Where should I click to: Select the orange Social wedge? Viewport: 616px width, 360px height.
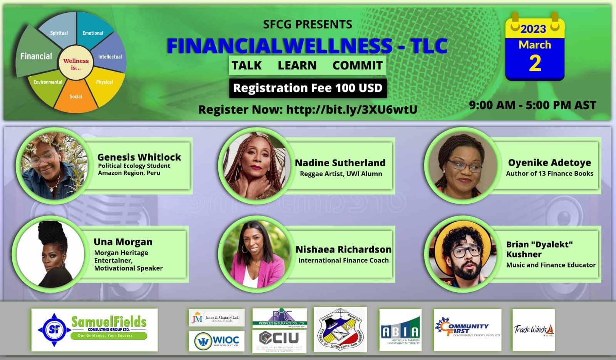[x=76, y=97]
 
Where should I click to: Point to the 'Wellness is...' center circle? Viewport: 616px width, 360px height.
[x=76, y=64]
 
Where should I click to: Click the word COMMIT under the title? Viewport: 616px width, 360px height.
[x=357, y=65]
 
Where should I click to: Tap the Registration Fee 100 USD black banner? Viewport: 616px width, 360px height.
[x=308, y=88]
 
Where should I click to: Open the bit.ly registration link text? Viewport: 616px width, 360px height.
[x=352, y=110]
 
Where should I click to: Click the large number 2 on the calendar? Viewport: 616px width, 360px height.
[x=535, y=63]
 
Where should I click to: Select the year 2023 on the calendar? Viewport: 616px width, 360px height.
[x=533, y=29]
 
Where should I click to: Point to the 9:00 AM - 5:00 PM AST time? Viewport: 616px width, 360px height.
[x=532, y=105]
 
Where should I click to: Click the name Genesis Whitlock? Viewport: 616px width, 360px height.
[x=139, y=157]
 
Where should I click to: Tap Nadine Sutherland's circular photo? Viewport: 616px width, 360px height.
[x=255, y=166]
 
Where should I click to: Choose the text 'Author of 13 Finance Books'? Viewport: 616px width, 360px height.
[x=549, y=174]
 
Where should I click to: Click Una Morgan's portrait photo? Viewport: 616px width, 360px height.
[x=49, y=253]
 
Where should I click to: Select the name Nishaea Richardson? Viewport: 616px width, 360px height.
[x=343, y=249]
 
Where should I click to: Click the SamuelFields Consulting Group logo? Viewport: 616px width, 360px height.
[x=94, y=330]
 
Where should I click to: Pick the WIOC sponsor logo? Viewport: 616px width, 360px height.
[x=216, y=341]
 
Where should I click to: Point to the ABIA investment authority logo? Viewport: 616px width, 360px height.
[x=400, y=330]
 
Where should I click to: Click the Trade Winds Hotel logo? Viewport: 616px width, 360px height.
[x=534, y=330]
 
